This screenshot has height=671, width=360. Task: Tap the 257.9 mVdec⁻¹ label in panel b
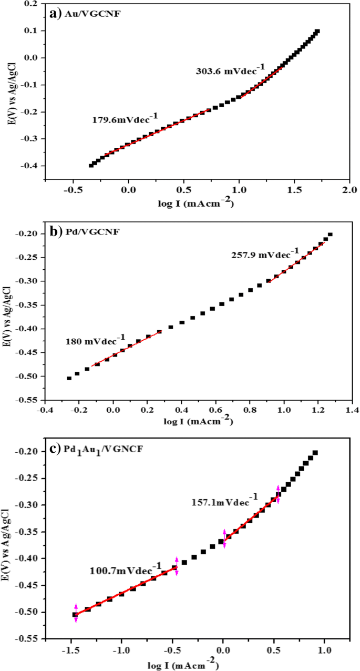coord(265,255)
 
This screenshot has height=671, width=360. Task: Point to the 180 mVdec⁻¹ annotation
coord(95,340)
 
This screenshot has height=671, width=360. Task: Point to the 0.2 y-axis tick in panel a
coord(33,4)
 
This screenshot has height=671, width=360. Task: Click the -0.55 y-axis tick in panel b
coord(30,400)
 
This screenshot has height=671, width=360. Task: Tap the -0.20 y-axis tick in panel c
coord(31,452)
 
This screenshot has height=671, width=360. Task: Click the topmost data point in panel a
coord(317,32)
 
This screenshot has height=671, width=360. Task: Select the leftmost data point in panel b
coord(69,378)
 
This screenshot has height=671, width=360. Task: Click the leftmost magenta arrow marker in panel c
coord(76,613)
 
